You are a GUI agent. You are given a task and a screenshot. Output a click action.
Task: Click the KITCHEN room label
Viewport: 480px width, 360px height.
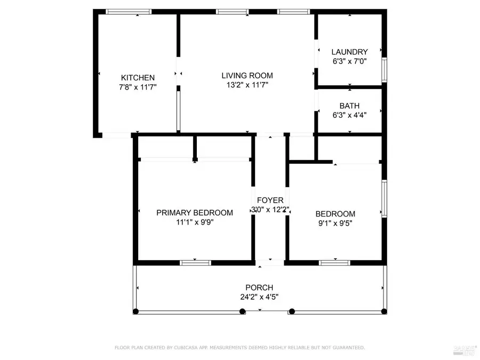(138, 78)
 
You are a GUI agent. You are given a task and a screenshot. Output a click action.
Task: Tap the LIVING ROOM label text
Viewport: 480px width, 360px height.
(247, 75)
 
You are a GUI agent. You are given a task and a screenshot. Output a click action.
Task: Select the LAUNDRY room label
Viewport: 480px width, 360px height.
(349, 52)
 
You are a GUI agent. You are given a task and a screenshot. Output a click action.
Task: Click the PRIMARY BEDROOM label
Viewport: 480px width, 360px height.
(194, 213)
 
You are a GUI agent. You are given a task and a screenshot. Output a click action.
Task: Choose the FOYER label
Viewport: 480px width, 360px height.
(270, 201)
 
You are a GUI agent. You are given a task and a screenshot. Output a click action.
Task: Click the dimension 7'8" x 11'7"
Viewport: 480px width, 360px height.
(138, 87)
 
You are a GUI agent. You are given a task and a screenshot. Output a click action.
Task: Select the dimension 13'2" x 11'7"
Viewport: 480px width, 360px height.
(247, 85)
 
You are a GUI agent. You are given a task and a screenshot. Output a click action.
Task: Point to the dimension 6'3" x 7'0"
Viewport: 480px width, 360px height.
(349, 61)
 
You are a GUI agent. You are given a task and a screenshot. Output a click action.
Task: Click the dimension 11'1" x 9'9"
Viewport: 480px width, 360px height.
(194, 222)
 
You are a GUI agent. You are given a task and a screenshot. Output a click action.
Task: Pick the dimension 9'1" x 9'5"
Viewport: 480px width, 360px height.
(335, 223)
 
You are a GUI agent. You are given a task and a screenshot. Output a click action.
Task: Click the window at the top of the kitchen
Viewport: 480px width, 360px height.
(128, 12)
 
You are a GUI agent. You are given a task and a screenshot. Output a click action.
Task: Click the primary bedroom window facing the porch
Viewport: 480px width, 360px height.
(195, 262)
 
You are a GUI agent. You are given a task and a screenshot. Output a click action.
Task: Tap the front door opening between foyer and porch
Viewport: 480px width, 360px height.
(270, 262)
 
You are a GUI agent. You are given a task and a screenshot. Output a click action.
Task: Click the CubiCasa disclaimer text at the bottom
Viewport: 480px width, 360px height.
(240, 348)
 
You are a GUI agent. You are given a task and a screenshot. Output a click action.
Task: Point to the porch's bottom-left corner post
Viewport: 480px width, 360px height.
(136, 311)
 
